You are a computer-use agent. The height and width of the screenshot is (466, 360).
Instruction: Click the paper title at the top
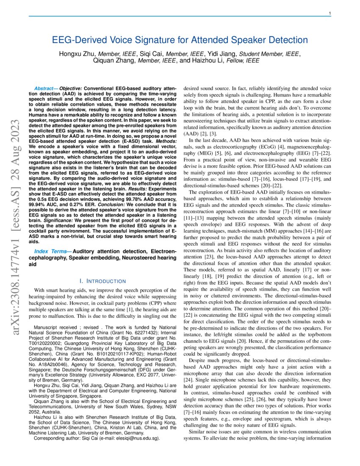tap(180, 40)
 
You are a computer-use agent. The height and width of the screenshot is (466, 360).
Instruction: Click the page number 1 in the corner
tap(330, 14)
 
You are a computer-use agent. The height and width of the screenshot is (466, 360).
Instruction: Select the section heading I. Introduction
tap(103, 281)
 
